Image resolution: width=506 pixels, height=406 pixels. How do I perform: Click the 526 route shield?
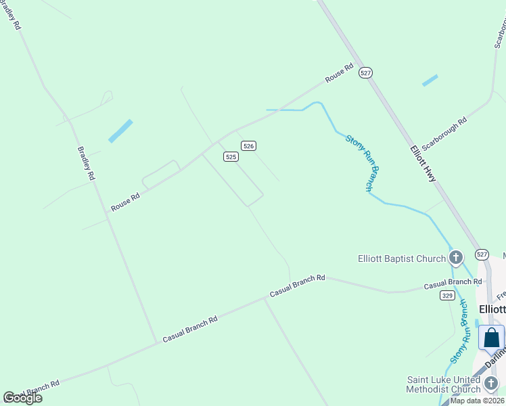[248, 145]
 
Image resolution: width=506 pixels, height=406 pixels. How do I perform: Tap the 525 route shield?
[231, 156]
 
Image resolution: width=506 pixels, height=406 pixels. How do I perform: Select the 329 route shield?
[446, 295]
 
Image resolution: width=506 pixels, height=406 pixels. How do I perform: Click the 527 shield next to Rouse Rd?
[365, 73]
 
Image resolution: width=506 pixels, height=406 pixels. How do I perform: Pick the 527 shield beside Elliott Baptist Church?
[481, 254]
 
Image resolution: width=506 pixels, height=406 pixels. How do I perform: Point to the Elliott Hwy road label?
[423, 163]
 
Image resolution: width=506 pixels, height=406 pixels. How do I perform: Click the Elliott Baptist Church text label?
[401, 258]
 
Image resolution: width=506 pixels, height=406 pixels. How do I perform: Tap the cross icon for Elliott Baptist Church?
[456, 257]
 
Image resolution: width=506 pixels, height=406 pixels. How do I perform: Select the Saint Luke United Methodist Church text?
[443, 384]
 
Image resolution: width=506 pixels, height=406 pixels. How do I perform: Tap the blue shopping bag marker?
[491, 337]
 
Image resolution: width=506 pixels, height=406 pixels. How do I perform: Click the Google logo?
[22, 398]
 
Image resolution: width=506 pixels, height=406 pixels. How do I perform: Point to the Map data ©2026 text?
[477, 401]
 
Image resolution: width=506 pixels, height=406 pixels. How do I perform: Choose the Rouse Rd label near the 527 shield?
[339, 74]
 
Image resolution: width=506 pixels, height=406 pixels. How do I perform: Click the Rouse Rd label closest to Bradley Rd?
[125, 202]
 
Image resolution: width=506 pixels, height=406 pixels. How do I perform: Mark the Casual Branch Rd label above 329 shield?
[447, 282]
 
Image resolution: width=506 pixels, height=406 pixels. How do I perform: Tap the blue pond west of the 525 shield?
[120, 131]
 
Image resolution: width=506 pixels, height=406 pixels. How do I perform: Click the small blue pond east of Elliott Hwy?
[430, 81]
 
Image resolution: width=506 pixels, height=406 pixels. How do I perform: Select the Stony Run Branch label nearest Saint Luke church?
[459, 332]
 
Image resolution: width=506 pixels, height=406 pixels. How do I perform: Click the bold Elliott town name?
[491, 309]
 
